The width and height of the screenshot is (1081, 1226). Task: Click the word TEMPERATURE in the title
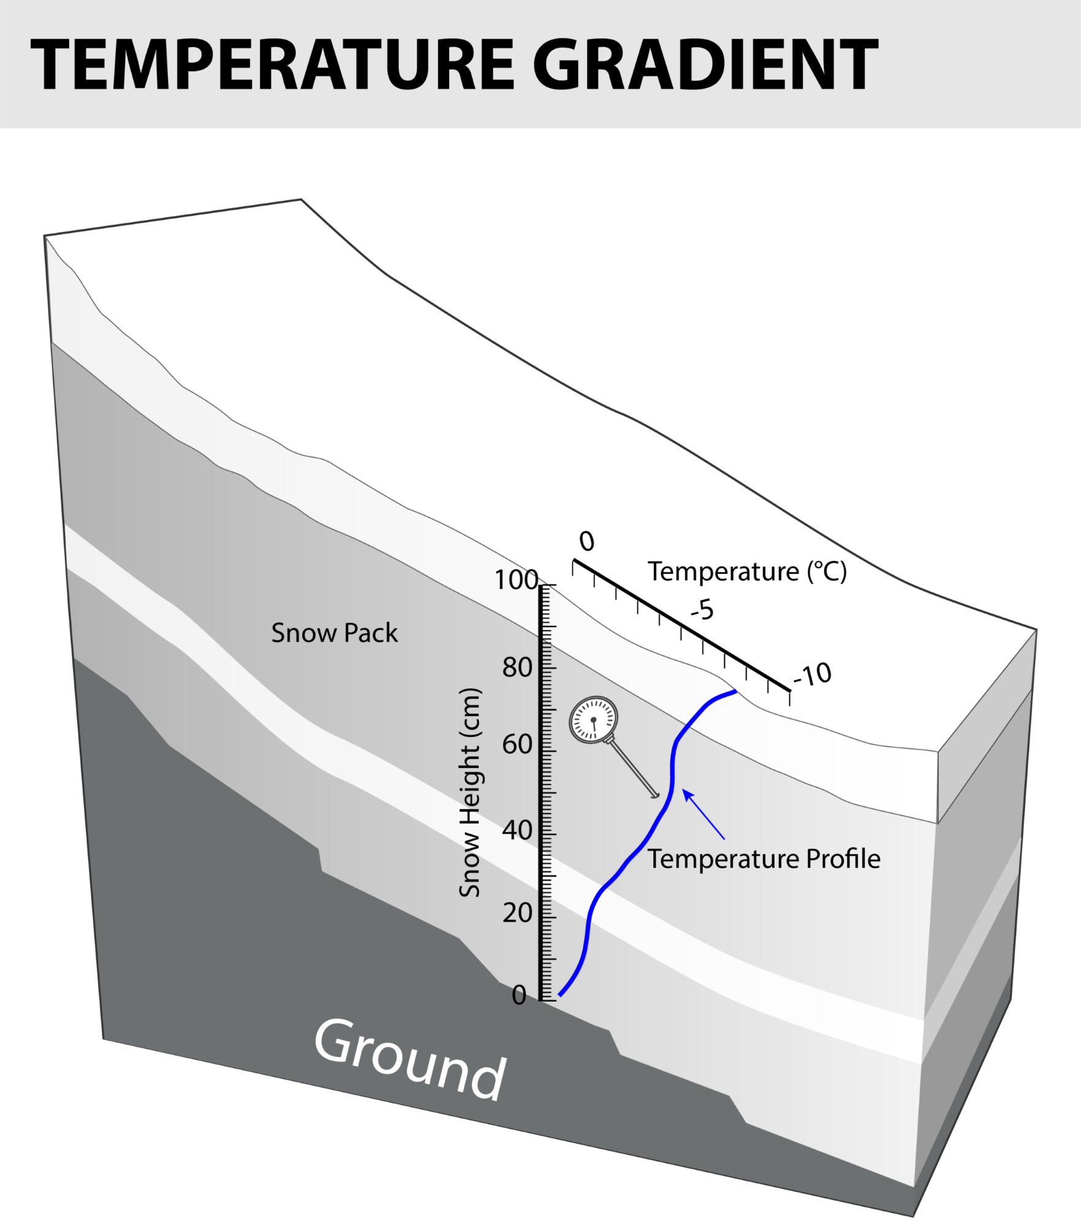[272, 64]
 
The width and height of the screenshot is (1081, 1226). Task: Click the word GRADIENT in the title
[705, 64]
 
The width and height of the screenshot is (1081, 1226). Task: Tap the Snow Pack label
[334, 633]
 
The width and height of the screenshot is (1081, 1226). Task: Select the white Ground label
[409, 1059]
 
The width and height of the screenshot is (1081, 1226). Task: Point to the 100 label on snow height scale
[515, 580]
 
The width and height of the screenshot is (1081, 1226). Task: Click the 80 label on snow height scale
[517, 668]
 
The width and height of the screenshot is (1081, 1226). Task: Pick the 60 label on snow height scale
[517, 745]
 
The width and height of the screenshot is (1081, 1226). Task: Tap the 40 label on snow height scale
[517, 831]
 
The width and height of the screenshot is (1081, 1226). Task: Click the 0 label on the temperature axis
[586, 541]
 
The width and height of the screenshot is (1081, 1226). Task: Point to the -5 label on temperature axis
[702, 610]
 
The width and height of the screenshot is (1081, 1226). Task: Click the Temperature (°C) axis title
[747, 571]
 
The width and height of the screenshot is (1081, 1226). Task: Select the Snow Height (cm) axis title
[470, 793]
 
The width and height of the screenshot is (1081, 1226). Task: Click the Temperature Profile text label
[764, 859]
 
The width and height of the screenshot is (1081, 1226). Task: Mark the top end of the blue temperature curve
[735, 691]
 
